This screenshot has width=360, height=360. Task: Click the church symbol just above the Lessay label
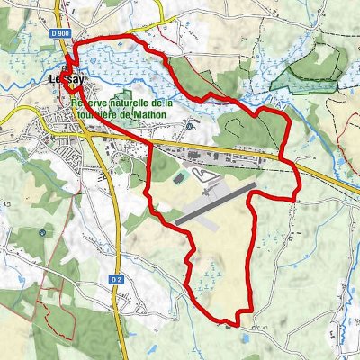click(x=66, y=70)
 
